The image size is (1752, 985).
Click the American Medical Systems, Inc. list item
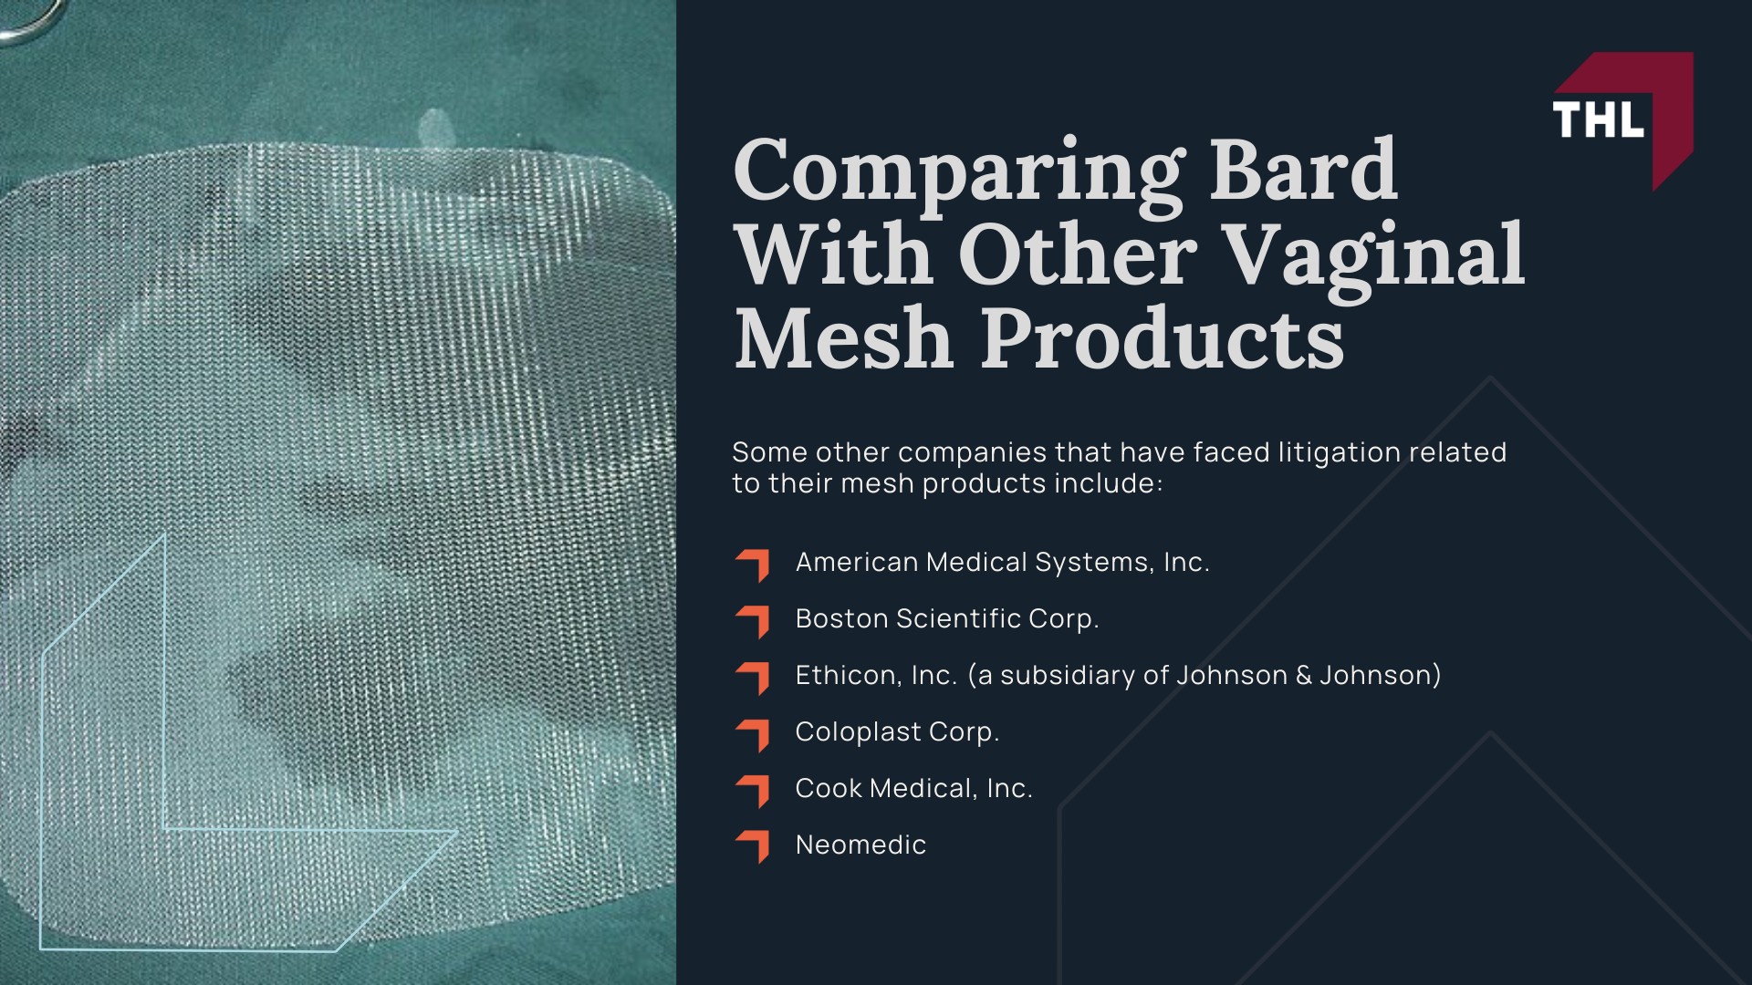point(1002,562)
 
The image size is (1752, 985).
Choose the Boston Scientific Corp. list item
point(947,618)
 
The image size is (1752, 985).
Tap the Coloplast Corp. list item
point(897,731)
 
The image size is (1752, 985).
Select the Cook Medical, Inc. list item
point(913,788)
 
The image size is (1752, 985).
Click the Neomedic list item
point(860,845)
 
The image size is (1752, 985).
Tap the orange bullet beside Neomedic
point(754,845)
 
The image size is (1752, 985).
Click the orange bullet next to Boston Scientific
point(754,619)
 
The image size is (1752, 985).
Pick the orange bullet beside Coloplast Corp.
point(754,732)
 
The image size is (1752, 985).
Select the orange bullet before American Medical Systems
point(754,563)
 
